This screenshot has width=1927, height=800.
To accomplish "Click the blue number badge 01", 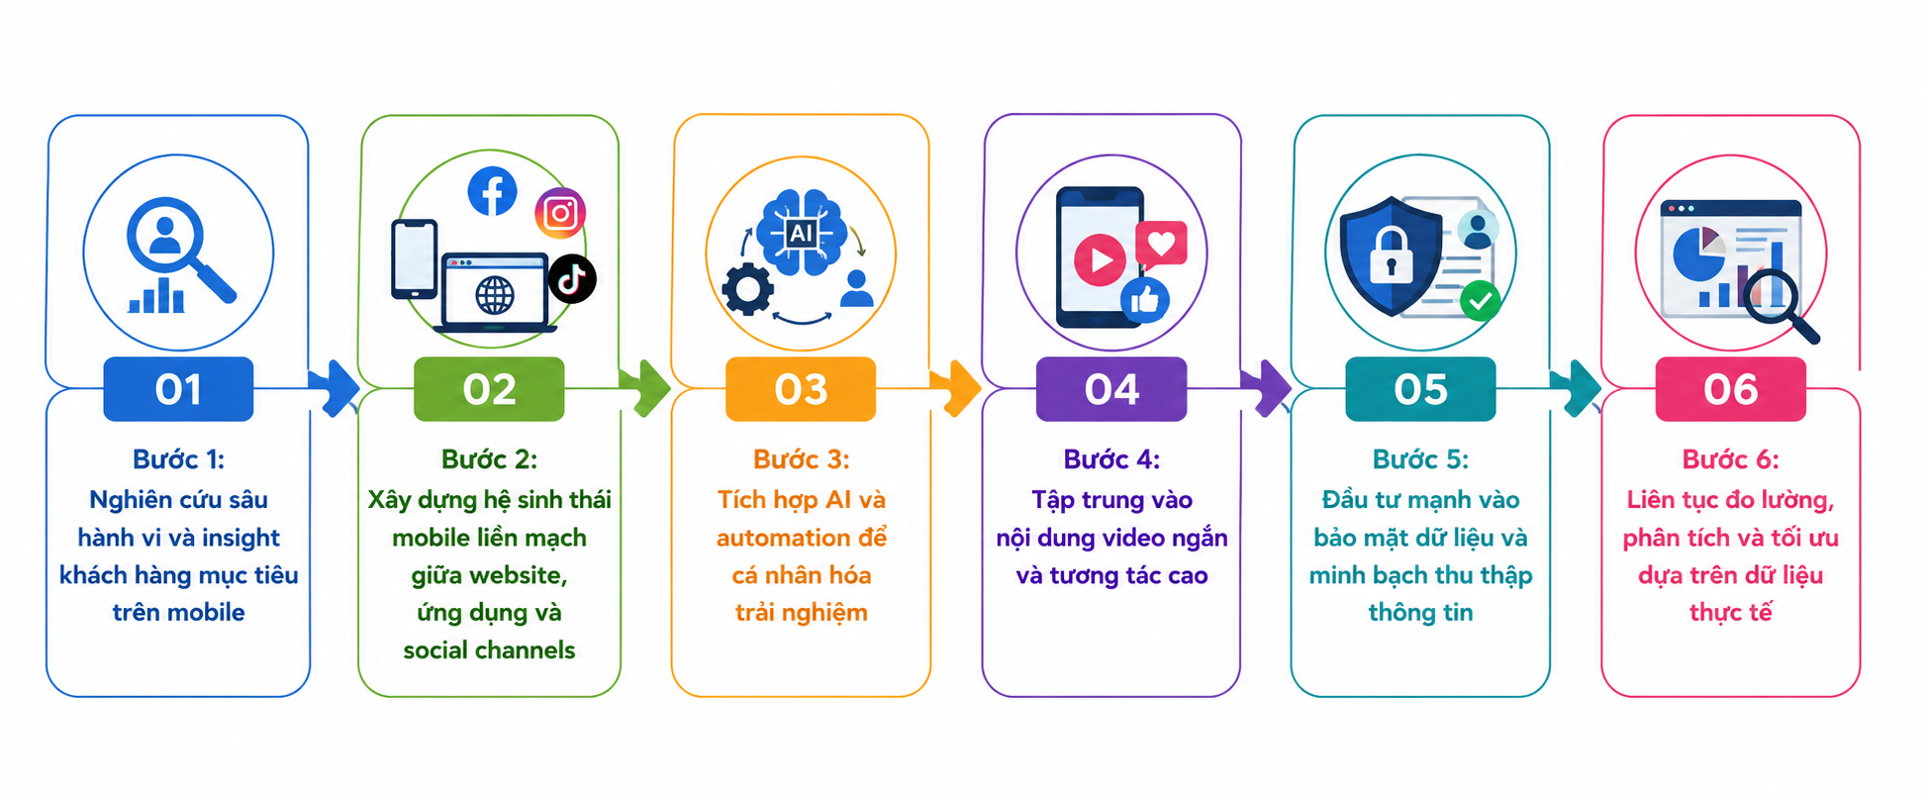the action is click(x=178, y=389).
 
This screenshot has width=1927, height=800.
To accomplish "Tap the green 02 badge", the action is click(x=489, y=389).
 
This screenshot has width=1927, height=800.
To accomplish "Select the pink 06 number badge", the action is click(x=1730, y=389).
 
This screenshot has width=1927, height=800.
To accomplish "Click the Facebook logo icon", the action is click(x=492, y=191).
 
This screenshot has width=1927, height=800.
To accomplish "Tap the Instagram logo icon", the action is click(x=560, y=213).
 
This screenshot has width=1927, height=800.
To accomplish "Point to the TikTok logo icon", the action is click(x=572, y=278).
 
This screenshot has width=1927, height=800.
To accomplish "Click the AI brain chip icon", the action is click(x=801, y=233).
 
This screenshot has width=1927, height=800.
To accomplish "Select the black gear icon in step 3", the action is click(x=747, y=290).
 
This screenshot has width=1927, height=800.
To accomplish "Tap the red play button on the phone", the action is click(x=1100, y=260).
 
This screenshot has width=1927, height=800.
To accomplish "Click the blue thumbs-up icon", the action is click(x=1145, y=300).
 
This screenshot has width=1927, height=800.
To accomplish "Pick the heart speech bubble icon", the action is click(x=1161, y=244).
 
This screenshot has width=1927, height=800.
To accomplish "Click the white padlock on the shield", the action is click(x=1391, y=255).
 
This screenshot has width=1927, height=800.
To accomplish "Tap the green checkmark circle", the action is click(x=1480, y=300).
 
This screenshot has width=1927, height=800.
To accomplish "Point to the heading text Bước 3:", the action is click(x=801, y=459).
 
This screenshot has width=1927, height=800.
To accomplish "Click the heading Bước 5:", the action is click(x=1420, y=459).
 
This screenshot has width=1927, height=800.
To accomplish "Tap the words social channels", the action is click(x=489, y=650).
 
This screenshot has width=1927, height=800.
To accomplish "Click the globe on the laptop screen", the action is click(x=495, y=295).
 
